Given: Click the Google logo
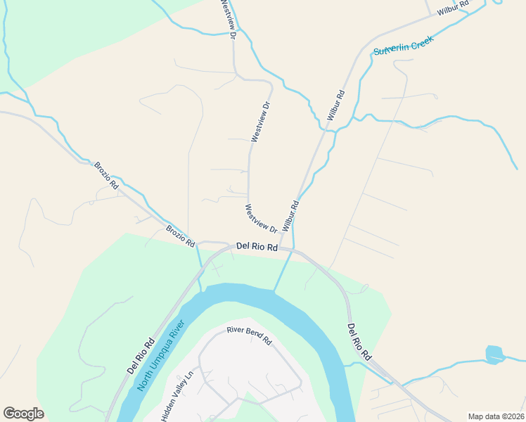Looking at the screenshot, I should (23, 413).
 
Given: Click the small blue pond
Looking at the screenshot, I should (495, 354).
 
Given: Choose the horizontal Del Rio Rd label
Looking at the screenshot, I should (257, 247).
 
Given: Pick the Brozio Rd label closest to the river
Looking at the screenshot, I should (180, 236).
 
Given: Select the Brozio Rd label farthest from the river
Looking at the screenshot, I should (106, 175).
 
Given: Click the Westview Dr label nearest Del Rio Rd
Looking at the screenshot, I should (262, 218).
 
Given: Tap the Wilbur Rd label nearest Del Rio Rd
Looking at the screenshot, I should (291, 216).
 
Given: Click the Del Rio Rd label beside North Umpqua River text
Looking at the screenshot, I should (141, 356).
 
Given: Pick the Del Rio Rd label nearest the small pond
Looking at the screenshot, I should (359, 343).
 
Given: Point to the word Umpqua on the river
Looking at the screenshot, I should (162, 352).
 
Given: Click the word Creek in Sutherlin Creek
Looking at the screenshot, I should (421, 41).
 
